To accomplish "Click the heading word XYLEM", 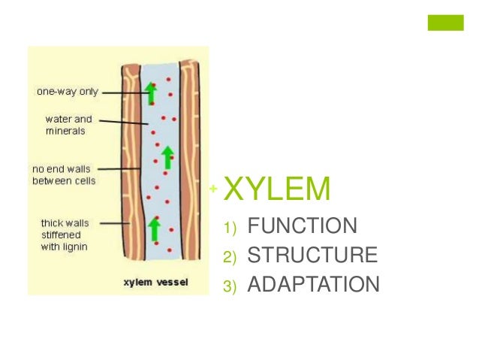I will pyautogui.click(x=277, y=189).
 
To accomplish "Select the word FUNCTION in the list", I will pyautogui.click(x=303, y=225).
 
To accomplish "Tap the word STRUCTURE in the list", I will pyautogui.click(x=312, y=256).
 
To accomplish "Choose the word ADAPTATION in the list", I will pyautogui.click(x=314, y=285).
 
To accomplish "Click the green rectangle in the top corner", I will pyautogui.click(x=446, y=23).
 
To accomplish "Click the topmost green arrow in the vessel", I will pyautogui.click(x=151, y=92).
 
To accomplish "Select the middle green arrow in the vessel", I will pyautogui.click(x=167, y=156).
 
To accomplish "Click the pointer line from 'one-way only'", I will pyautogui.click(x=123, y=93).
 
